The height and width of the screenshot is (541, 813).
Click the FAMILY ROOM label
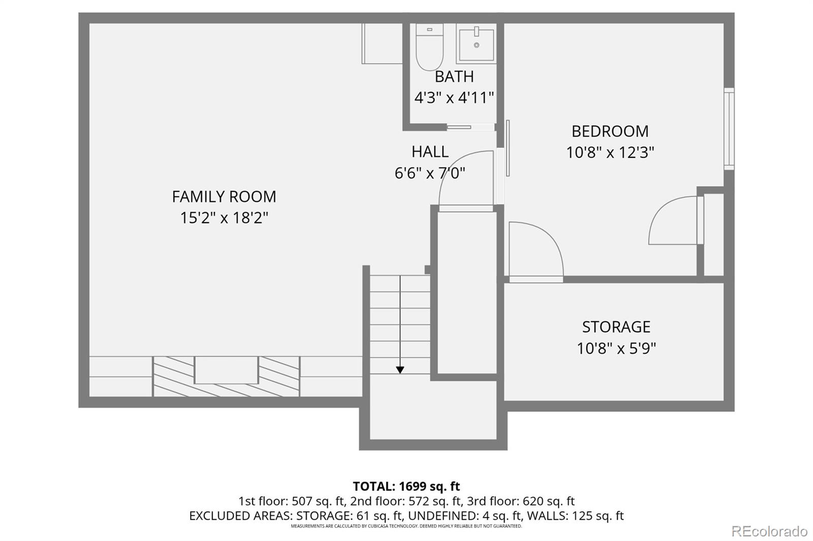click(224, 196)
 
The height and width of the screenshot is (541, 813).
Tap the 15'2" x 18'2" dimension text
click(224, 218)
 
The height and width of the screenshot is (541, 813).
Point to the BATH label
click(454, 77)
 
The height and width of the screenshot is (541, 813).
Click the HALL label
click(430, 152)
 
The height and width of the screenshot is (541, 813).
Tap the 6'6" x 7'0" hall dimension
click(430, 174)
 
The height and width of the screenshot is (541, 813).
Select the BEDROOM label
click(610, 131)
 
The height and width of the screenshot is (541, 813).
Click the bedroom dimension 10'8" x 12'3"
click(610, 152)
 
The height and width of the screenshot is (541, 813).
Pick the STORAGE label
click(616, 327)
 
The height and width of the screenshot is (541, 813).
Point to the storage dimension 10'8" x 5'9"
click(616, 349)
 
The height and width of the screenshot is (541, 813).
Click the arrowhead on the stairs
click(400, 370)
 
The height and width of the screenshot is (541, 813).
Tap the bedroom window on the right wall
click(729, 129)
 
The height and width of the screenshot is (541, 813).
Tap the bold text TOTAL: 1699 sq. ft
click(406, 486)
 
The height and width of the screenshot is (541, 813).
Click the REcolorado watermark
click(769, 531)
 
